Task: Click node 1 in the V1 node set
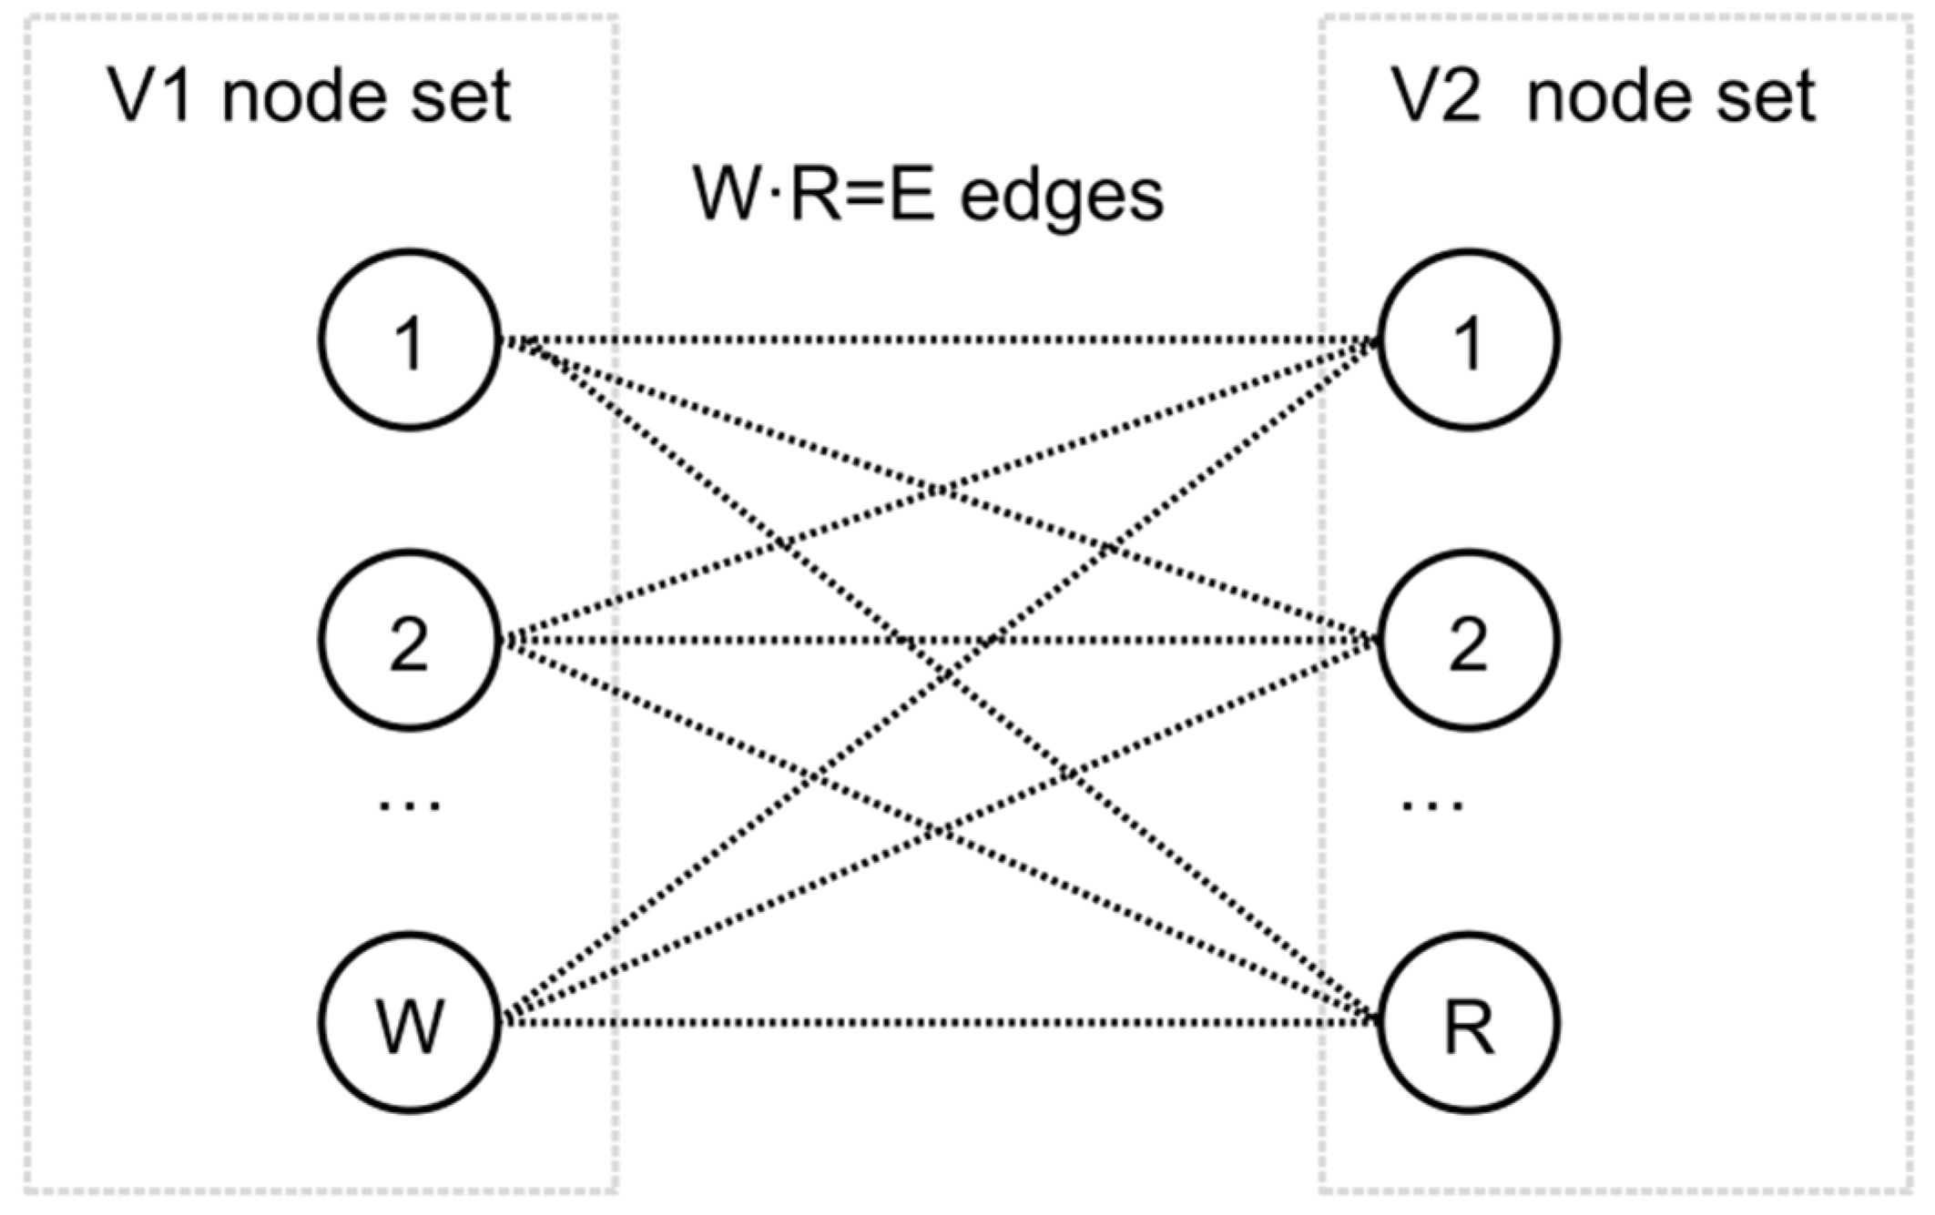[410, 339]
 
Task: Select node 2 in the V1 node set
[410, 640]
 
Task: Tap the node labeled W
[410, 1022]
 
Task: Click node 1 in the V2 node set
[1468, 339]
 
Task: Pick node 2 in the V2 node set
[1468, 640]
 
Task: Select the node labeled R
[1468, 1022]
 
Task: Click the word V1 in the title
[150, 95]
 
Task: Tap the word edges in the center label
[1062, 195]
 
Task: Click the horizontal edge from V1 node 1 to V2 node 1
[938, 339]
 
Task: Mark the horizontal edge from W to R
[938, 1022]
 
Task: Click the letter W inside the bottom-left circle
[410, 1026]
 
